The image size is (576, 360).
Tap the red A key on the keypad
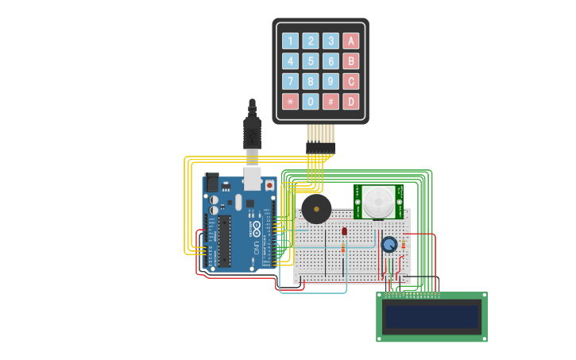(x=350, y=41)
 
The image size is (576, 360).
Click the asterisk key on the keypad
(x=291, y=102)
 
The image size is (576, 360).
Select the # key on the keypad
(x=331, y=102)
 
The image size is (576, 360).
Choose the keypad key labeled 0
(x=311, y=102)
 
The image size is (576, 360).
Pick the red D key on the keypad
(x=350, y=102)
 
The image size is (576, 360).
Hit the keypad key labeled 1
(x=291, y=41)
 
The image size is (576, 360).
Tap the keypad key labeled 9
(x=331, y=81)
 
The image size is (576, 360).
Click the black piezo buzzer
(x=316, y=210)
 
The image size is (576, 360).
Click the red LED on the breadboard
(x=344, y=231)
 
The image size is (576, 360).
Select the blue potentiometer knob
(x=389, y=245)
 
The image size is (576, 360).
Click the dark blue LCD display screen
(x=431, y=316)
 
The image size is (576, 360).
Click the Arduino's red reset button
(x=269, y=185)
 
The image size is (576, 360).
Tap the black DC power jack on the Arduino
(x=211, y=182)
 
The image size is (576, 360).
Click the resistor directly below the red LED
(x=343, y=248)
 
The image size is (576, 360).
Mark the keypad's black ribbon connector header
(x=320, y=148)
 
